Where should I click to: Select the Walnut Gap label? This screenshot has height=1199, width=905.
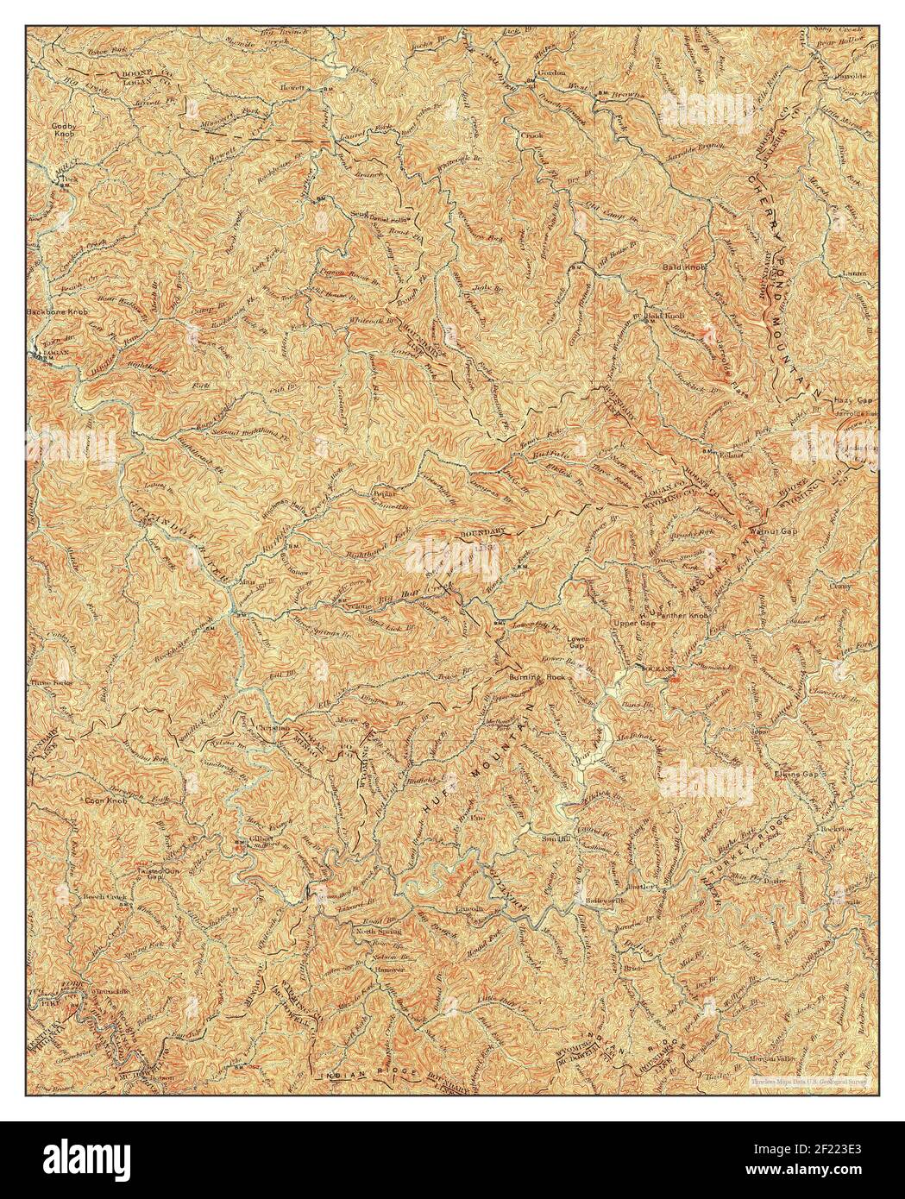775,531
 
